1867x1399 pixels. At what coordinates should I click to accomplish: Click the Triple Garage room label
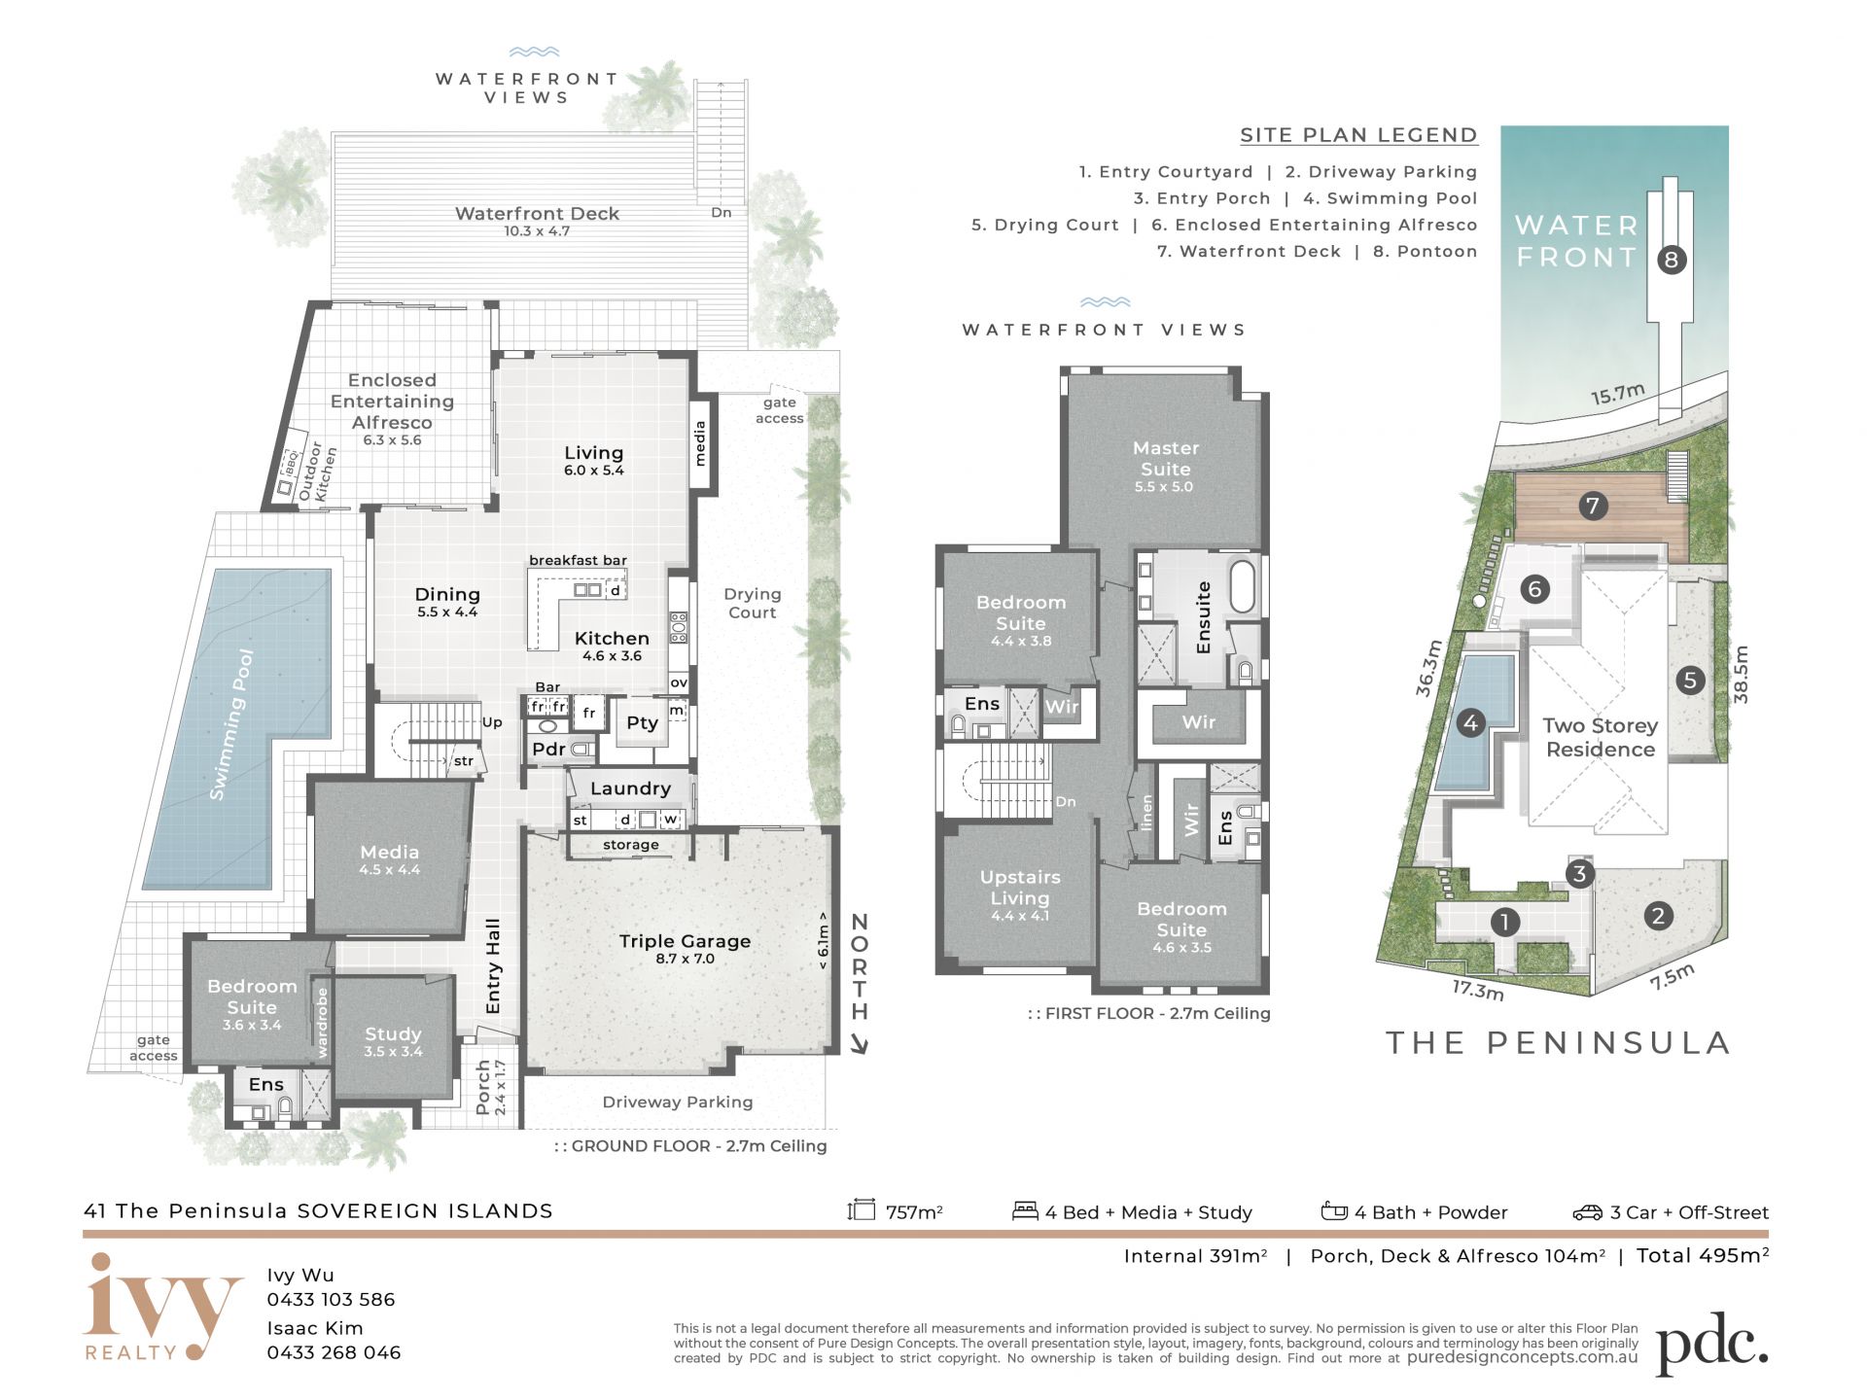pos(685,941)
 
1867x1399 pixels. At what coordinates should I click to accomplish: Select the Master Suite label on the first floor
pos(1165,458)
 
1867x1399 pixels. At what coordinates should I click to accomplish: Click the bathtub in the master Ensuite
pos(1242,585)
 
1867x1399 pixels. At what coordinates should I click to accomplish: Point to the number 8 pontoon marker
pos(1672,260)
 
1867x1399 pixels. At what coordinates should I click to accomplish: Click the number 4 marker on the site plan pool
pos(1470,722)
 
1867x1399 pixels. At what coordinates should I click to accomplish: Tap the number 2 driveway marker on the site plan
pos(1658,915)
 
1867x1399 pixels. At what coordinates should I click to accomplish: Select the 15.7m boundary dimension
pos(1617,394)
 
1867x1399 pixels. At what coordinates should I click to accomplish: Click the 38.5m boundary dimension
pos(1741,674)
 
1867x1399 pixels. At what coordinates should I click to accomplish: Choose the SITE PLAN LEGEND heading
pos(1358,135)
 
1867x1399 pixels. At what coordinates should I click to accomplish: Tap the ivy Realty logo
pos(162,1306)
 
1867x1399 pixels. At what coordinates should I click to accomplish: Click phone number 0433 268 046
pos(334,1352)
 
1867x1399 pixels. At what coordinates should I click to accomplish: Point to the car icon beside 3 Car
pos(1587,1211)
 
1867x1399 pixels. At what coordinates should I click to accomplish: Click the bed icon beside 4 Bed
pos(1025,1210)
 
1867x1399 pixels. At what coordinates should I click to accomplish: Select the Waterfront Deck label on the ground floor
pos(537,213)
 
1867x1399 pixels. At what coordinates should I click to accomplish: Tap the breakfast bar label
pos(578,560)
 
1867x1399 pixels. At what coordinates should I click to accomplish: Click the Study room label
pos(393,1033)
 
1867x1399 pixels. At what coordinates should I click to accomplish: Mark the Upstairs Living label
pos(1020,887)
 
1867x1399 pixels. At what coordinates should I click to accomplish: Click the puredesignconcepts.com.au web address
pos(1522,1357)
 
